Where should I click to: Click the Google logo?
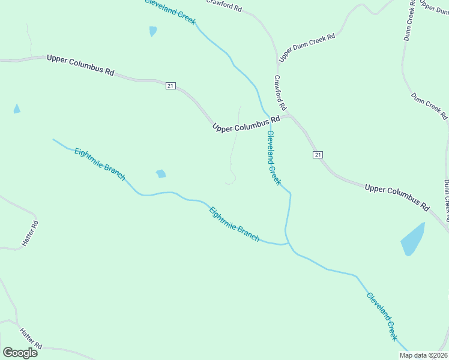tap(20, 353)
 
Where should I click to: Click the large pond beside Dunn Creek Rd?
tap(413, 239)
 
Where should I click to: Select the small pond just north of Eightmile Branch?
tap(161, 174)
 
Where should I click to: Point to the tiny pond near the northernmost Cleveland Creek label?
tap(153, 31)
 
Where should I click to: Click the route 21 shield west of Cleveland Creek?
tap(170, 86)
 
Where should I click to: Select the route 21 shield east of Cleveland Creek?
tap(318, 155)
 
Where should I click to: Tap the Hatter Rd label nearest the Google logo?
tap(30, 338)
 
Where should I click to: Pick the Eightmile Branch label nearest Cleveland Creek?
tap(234, 224)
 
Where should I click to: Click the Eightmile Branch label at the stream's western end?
tap(100, 163)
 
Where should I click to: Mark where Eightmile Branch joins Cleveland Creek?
tap(286, 243)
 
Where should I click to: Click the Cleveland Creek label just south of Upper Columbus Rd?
tap(274, 157)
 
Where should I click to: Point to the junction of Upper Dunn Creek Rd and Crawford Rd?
tap(279, 60)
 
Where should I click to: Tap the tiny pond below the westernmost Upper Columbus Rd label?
tap(17, 109)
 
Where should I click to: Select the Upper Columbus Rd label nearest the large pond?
tap(397, 196)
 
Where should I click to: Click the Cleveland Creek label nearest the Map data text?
tap(382, 316)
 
